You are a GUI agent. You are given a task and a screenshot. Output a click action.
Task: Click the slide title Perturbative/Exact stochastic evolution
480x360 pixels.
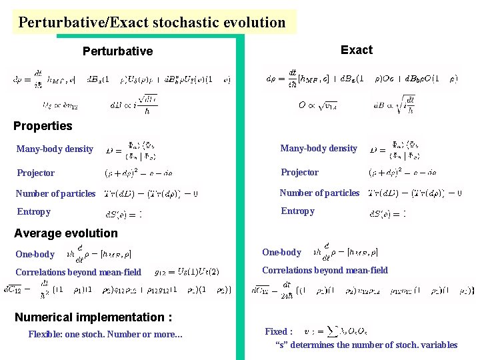[x=152, y=23]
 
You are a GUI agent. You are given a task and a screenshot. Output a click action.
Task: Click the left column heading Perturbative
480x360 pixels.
[x=117, y=51]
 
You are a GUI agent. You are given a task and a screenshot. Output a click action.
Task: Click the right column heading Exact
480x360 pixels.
[x=356, y=50]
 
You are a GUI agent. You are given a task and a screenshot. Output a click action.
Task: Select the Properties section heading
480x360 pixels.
[x=43, y=126]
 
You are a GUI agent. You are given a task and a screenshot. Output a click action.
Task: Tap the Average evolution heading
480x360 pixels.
[x=65, y=233]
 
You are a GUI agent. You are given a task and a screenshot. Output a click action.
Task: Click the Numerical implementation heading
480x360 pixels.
[x=93, y=317]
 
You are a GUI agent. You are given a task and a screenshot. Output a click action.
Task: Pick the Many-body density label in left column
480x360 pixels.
[x=55, y=149]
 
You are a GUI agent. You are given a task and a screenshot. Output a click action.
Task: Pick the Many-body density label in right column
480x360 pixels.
[x=319, y=149]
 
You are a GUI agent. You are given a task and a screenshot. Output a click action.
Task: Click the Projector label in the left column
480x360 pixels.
[x=36, y=173]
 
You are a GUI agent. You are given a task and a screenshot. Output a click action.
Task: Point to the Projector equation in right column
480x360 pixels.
[x=404, y=172]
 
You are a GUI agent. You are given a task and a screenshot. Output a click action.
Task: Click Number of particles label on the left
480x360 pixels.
[x=56, y=194]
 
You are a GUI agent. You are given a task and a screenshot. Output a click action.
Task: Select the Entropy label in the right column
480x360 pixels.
[x=297, y=211]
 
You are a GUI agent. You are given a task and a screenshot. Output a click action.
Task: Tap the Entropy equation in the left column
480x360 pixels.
[x=124, y=214]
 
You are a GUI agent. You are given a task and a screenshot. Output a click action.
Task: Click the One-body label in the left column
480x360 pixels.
[x=35, y=255]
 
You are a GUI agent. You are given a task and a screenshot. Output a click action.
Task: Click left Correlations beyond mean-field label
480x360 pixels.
[x=78, y=272]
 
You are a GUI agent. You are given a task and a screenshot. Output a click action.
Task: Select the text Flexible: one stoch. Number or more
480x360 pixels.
[x=105, y=335]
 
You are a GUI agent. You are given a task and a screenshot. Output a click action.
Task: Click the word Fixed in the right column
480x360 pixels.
[x=278, y=331]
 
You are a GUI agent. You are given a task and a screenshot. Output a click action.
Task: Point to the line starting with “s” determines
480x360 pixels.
[x=366, y=345]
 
